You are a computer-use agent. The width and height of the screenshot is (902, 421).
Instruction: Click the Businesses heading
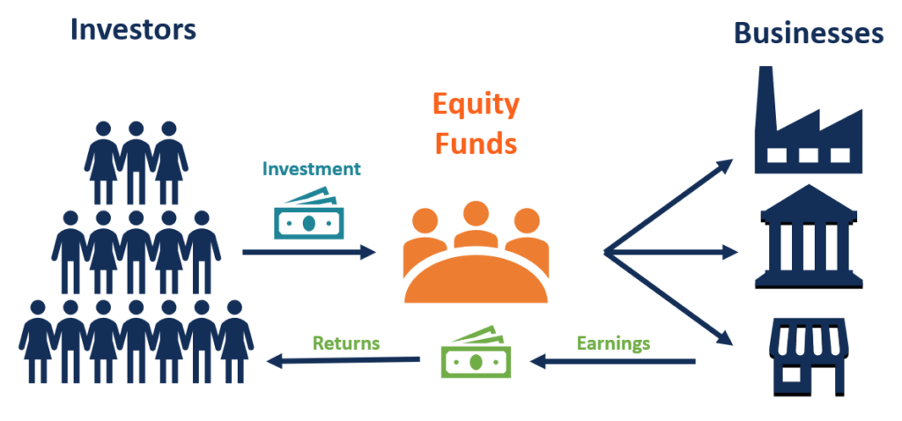[x=808, y=33]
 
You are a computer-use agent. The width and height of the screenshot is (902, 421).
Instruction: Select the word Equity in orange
[x=476, y=105]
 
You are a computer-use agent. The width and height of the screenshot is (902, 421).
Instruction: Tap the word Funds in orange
[x=476, y=142]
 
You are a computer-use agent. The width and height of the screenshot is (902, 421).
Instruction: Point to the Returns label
[x=344, y=343]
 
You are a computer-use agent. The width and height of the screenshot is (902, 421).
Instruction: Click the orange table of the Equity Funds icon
[x=476, y=277]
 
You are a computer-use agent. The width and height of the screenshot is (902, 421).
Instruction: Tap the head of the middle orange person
[x=476, y=214]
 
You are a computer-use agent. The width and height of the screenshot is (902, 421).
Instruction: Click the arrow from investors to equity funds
[x=308, y=252]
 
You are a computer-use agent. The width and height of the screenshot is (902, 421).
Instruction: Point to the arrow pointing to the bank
[x=678, y=252]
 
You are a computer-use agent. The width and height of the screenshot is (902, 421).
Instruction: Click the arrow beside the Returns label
[x=344, y=359]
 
